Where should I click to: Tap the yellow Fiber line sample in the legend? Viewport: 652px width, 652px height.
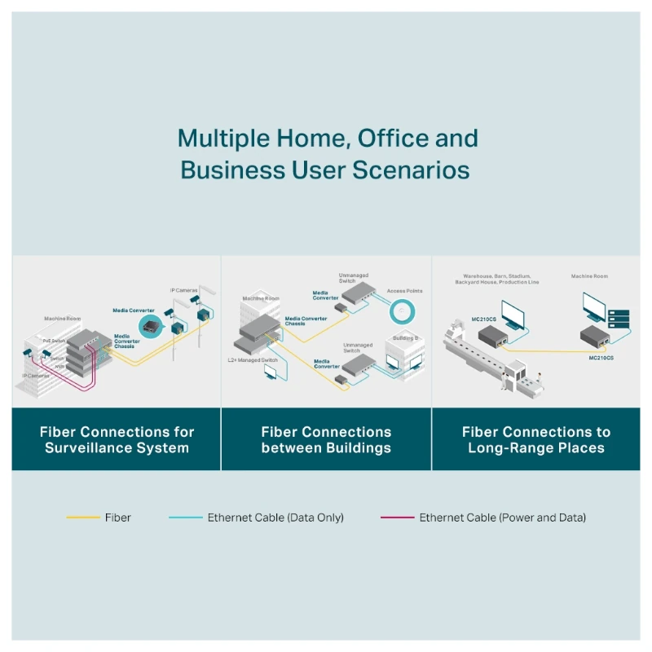(83, 518)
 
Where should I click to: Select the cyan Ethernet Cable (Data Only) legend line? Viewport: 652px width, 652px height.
(186, 518)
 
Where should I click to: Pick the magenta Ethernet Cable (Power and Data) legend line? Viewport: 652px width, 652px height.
(397, 518)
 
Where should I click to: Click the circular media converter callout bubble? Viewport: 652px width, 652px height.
(151, 327)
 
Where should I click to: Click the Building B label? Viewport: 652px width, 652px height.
(405, 337)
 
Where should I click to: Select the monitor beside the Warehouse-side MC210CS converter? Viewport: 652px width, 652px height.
(514, 315)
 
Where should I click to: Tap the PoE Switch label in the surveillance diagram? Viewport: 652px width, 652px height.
(53, 341)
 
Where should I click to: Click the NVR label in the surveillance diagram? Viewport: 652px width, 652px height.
(59, 368)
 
